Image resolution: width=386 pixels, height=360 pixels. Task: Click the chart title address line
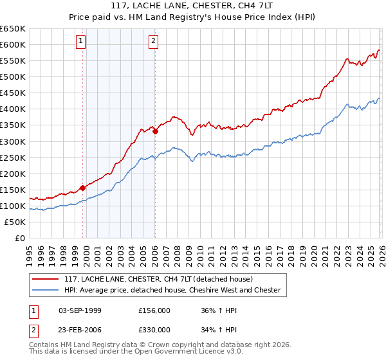[x=193, y=6]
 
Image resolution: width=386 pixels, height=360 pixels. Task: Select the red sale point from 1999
[x=82, y=188]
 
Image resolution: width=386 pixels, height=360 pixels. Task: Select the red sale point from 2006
[x=156, y=131]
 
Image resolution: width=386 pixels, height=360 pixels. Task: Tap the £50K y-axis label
[x=15, y=222]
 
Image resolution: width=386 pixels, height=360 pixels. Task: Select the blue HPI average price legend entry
[x=172, y=290]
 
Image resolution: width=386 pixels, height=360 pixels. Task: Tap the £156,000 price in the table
[x=154, y=310]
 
